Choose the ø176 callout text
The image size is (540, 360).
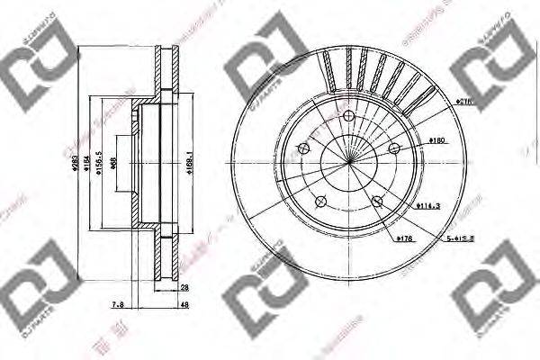click(404, 238)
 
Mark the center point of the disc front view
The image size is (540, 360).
click(349, 161)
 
